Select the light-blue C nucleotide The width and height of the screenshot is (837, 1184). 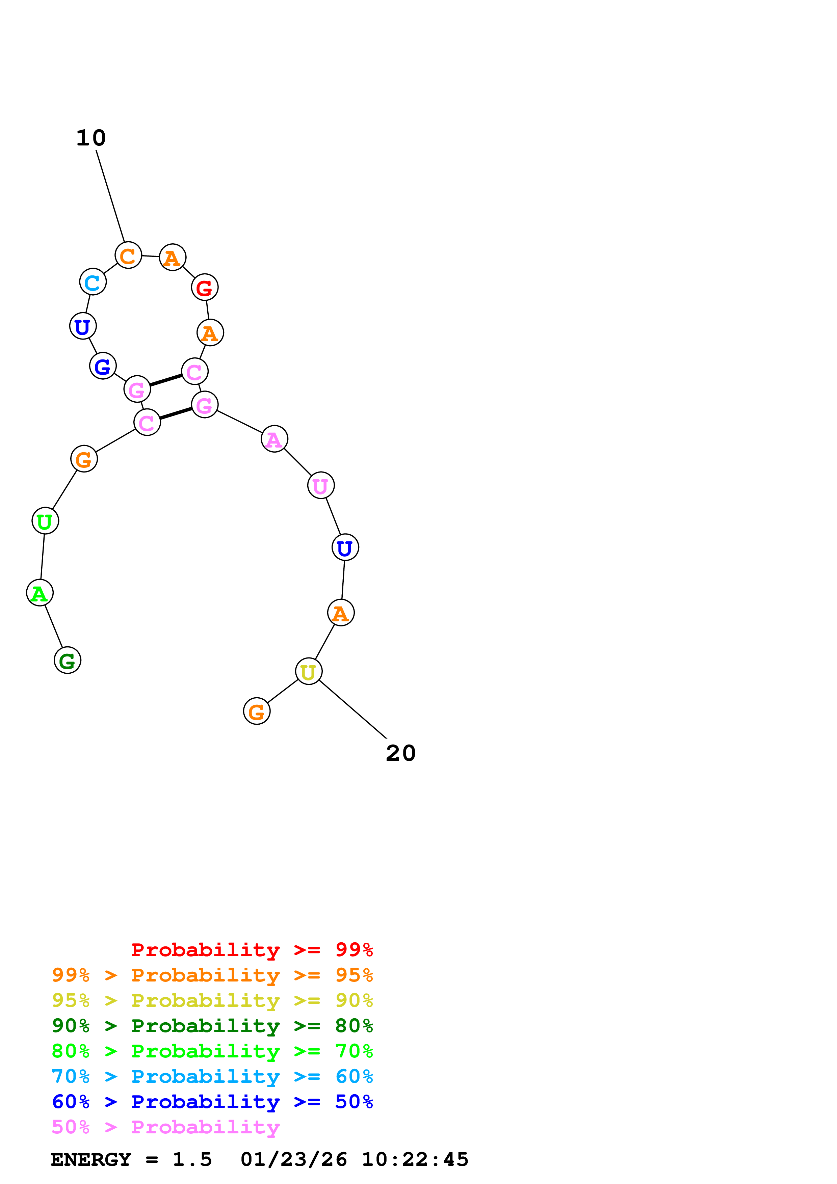(x=93, y=282)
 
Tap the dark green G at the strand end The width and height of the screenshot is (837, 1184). (x=68, y=660)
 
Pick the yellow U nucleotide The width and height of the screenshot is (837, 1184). (x=308, y=671)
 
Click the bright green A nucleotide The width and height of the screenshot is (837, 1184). (x=40, y=593)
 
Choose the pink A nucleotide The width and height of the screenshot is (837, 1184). (x=274, y=439)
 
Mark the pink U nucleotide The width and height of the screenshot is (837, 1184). (x=321, y=485)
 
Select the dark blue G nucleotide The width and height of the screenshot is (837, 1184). (x=103, y=366)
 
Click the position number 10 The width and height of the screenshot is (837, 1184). (x=91, y=138)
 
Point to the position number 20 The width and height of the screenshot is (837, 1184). (x=401, y=753)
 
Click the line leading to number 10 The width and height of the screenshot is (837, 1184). (x=110, y=196)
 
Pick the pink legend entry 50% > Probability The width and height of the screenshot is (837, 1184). (x=165, y=1127)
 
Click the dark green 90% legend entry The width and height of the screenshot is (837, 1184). (x=212, y=1026)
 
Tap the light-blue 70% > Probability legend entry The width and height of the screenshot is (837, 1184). (x=212, y=1077)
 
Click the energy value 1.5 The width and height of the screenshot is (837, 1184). (x=192, y=1160)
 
